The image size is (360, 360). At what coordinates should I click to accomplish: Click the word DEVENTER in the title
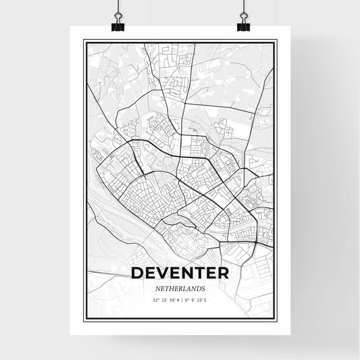coord(180,275)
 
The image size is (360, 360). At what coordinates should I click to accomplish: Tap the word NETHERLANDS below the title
coord(180,288)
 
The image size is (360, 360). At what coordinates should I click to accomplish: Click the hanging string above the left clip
coord(116,5)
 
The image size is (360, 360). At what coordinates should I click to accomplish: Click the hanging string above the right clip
coord(244,5)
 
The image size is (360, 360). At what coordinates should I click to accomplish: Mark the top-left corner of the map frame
coord(84,41)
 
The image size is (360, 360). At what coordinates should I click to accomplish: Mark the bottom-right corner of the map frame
coord(276,319)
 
